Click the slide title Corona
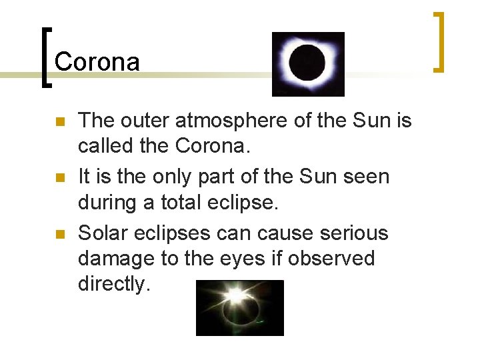click(x=97, y=61)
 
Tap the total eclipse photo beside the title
click(x=308, y=64)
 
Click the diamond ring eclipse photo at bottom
click(x=239, y=307)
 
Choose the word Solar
click(x=104, y=233)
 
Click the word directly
click(x=114, y=284)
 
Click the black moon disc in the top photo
click(x=307, y=63)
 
